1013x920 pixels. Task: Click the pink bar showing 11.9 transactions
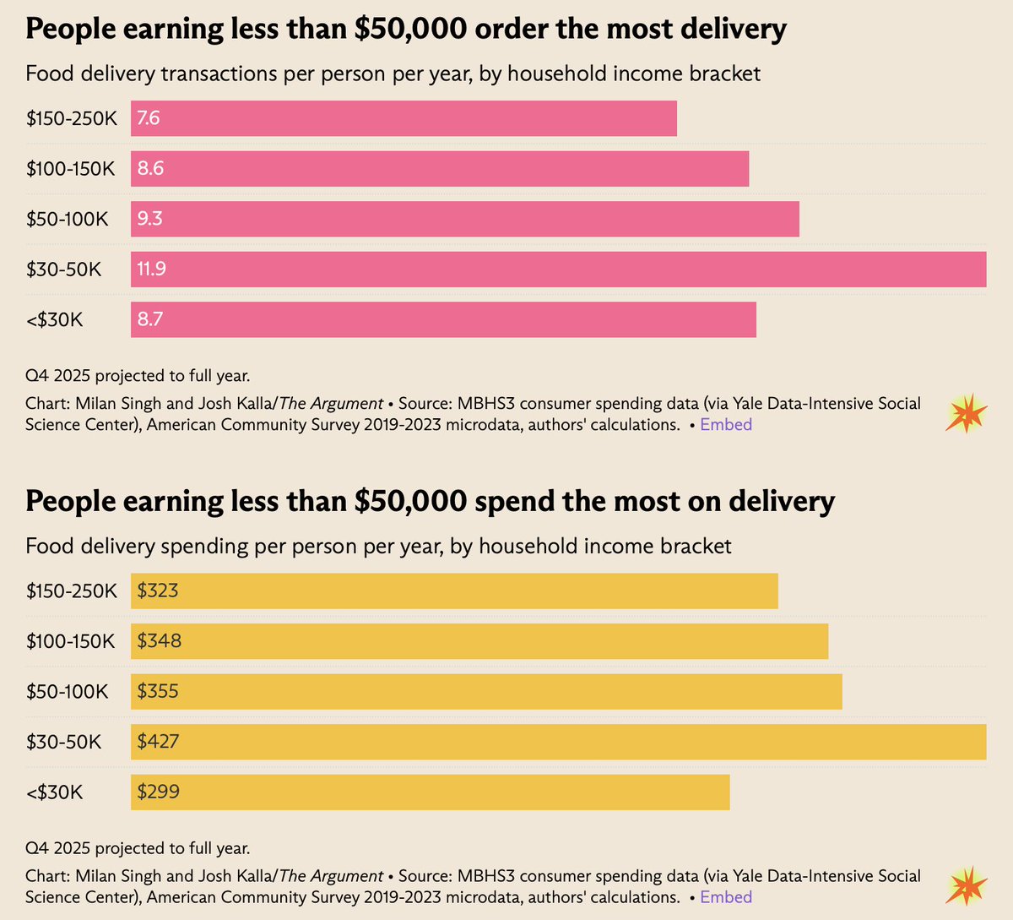(557, 269)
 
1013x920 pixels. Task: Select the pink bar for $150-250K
(404, 118)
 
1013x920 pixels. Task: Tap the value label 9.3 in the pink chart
(149, 219)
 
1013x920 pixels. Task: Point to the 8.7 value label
(149, 319)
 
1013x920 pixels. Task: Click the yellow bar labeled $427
(557, 742)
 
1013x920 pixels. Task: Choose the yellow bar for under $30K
(431, 792)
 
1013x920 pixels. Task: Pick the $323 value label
(158, 591)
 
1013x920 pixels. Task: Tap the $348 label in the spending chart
(160, 641)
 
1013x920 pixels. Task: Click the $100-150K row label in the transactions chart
(70, 168)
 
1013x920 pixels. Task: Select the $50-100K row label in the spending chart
(67, 692)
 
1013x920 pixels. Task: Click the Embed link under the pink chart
(726, 425)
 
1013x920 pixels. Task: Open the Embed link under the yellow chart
(726, 897)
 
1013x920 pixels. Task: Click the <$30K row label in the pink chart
(54, 319)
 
